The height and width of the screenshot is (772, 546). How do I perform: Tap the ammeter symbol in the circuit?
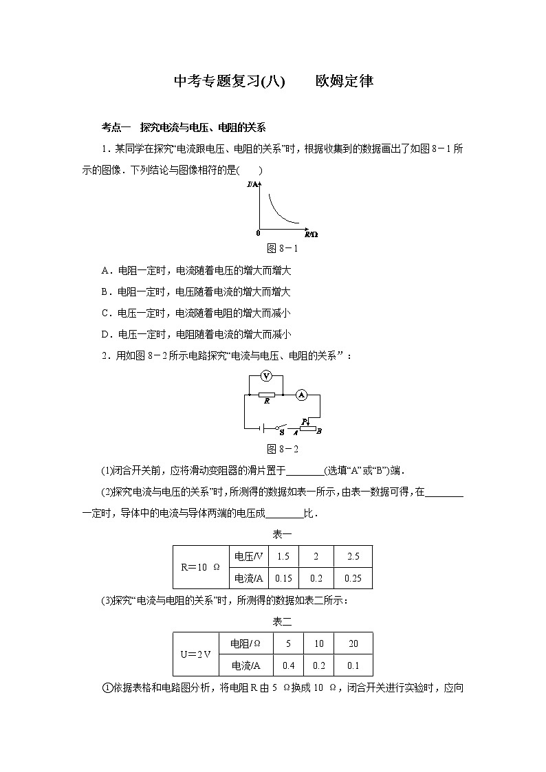pyautogui.click(x=301, y=395)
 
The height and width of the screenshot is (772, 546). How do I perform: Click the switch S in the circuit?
pyautogui.click(x=281, y=428)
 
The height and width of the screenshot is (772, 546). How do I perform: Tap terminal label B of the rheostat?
pyautogui.click(x=319, y=431)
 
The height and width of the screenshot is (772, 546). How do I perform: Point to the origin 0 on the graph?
pyautogui.click(x=258, y=233)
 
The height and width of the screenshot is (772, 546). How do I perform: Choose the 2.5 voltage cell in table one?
pyautogui.click(x=353, y=557)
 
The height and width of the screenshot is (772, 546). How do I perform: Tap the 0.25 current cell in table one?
pyautogui.click(x=353, y=578)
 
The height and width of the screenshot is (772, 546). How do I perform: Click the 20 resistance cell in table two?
pyautogui.click(x=353, y=643)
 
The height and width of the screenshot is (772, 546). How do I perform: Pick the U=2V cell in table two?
pyautogui.click(x=195, y=654)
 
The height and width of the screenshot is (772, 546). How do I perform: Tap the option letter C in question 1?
pyautogui.click(x=105, y=313)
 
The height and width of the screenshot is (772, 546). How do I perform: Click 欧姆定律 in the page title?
pyautogui.click(x=344, y=81)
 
